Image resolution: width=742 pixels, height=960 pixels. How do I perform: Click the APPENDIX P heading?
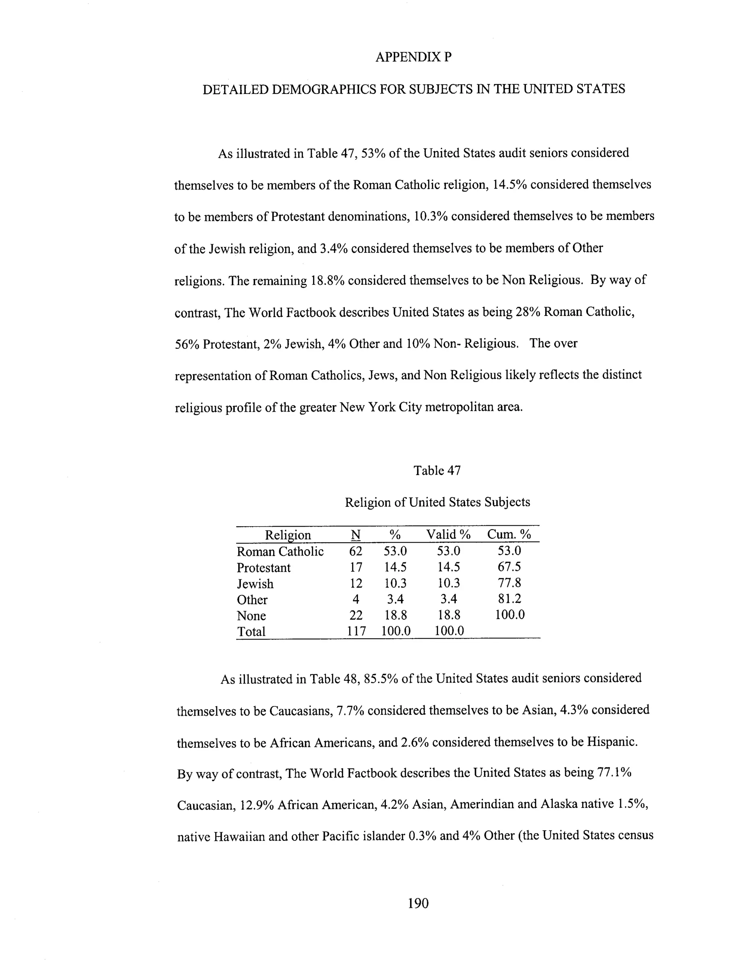tap(413, 57)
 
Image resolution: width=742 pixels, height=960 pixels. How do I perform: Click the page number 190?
tap(418, 903)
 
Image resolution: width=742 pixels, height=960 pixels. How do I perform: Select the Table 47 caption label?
tap(437, 471)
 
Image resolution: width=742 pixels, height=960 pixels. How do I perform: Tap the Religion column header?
tap(288, 535)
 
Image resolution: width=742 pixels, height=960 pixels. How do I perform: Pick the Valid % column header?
tap(449, 534)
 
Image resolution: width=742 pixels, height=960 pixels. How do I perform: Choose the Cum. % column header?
tap(509, 534)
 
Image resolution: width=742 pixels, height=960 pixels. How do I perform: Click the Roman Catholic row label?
tap(280, 552)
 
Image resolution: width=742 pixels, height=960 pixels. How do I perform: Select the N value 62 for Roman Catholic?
tap(356, 551)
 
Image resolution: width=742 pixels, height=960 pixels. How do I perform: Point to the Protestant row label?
tap(264, 568)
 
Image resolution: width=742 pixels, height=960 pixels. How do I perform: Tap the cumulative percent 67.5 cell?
tap(509, 567)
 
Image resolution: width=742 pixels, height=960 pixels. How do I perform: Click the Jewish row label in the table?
tap(255, 584)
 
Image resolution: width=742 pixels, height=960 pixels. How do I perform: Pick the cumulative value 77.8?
tap(509, 583)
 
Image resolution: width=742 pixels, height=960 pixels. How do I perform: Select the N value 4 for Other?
tap(356, 599)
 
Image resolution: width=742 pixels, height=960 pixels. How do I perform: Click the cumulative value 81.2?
tap(509, 599)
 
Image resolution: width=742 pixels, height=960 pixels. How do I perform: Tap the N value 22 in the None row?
tap(356, 615)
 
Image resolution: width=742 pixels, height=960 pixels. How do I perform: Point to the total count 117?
tap(356, 631)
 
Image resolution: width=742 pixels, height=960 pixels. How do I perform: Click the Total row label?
tap(251, 632)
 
